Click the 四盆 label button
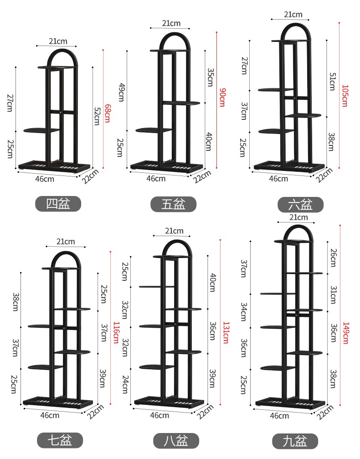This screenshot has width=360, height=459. (x=58, y=204)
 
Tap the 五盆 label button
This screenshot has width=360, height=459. (x=173, y=204)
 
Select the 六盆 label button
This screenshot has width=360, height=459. (x=300, y=205)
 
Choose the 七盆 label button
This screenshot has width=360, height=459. (x=60, y=440)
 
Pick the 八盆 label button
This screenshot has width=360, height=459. (x=176, y=441)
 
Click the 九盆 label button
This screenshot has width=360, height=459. (x=295, y=441)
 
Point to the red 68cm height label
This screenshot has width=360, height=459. (x=108, y=113)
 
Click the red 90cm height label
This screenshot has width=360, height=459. (x=222, y=97)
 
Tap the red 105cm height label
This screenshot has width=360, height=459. (x=345, y=96)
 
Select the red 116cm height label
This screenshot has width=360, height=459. (x=116, y=333)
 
